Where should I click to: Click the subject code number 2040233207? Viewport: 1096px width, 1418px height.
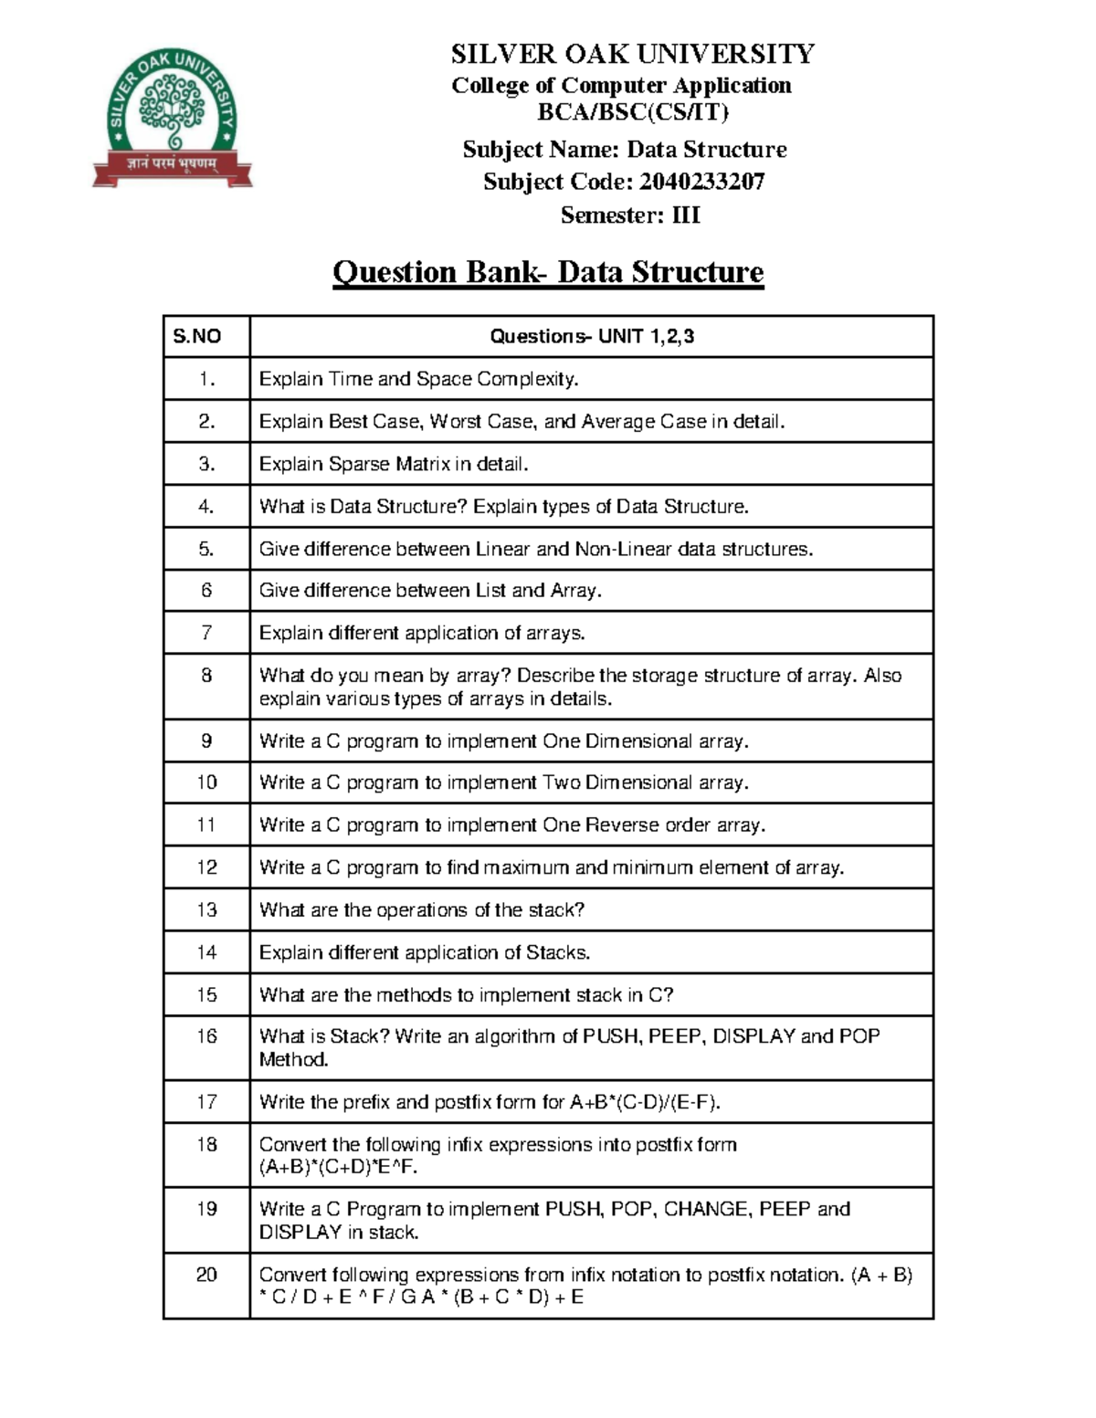[x=701, y=182]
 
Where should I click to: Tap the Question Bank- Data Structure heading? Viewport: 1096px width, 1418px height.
[x=548, y=272]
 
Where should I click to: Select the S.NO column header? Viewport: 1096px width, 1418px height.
[x=197, y=336]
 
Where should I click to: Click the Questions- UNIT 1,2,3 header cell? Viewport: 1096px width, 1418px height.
[x=592, y=336]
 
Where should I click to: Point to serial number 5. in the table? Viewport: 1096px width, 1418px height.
[x=206, y=549]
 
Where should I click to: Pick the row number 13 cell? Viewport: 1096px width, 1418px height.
[x=206, y=909]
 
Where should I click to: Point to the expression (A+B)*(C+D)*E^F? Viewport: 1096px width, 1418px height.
[x=338, y=1167]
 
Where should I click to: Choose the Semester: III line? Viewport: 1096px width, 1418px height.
[x=630, y=215]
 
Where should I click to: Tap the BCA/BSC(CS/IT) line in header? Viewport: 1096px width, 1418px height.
[x=632, y=112]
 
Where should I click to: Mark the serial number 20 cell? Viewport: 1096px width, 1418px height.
[x=206, y=1275]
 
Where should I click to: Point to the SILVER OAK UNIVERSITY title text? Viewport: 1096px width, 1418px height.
[x=632, y=54]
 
